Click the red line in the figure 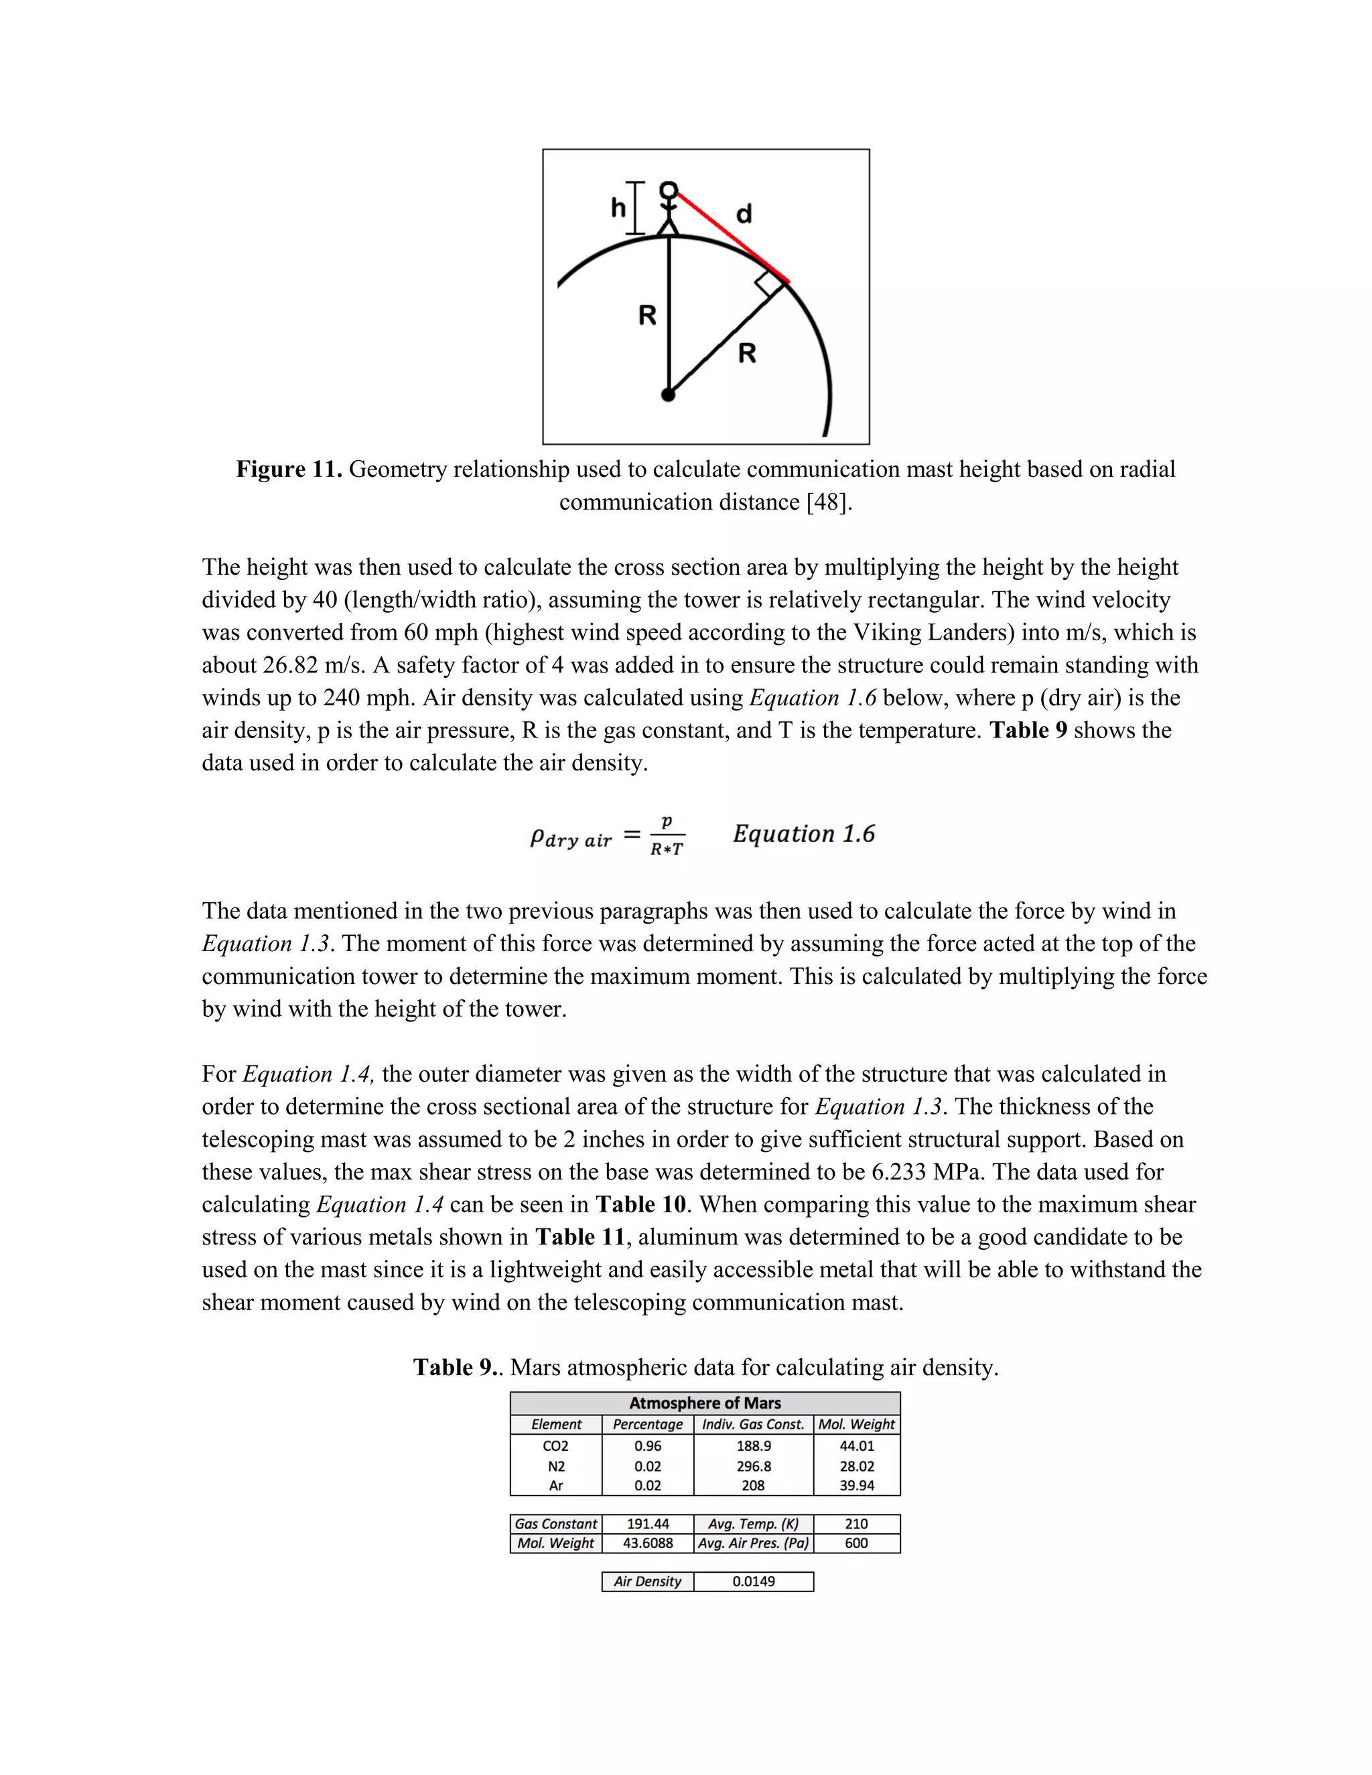click(732, 236)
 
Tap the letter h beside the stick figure click(618, 208)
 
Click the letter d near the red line click(744, 214)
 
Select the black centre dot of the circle click(668, 395)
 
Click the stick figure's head click(668, 190)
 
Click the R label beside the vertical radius click(647, 315)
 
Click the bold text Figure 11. click(289, 469)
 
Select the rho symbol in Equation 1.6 click(537, 837)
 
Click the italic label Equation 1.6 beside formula click(804, 834)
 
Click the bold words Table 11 click(579, 1237)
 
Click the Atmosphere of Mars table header click(705, 1403)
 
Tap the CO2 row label click(556, 1446)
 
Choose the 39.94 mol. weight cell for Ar click(857, 1486)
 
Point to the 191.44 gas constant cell click(648, 1524)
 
